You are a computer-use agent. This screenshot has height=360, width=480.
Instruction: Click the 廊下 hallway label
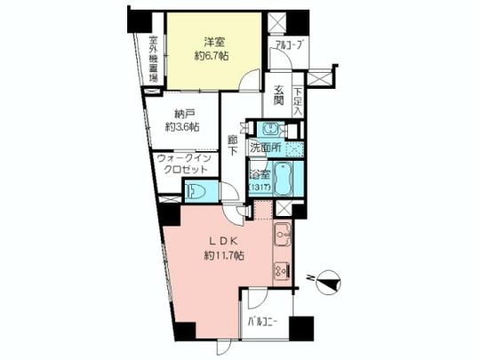pyautogui.click(x=232, y=144)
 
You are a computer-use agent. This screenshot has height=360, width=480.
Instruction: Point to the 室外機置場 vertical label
pyautogui.click(x=153, y=59)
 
